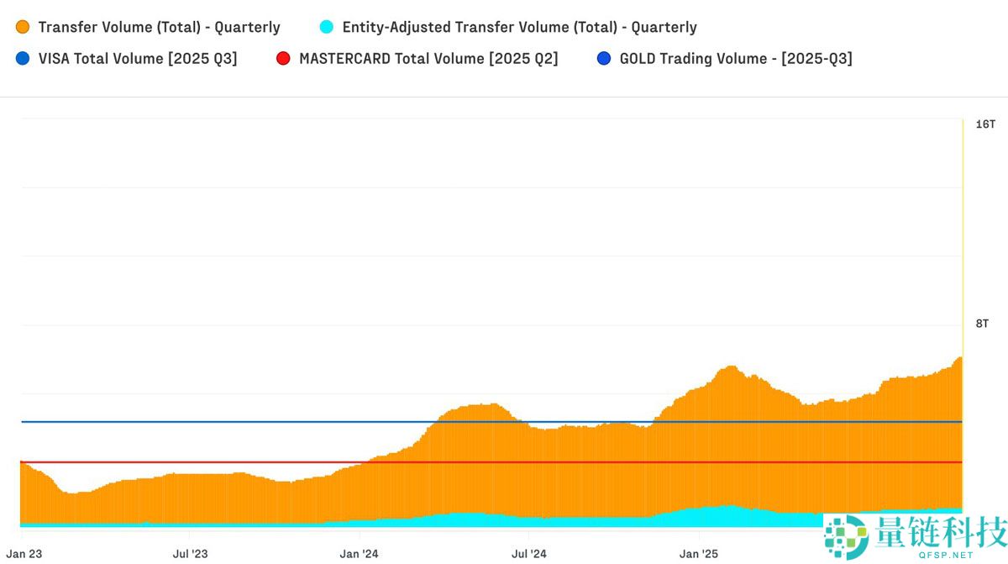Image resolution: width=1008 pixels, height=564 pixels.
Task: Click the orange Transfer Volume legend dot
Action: pyautogui.click(x=23, y=27)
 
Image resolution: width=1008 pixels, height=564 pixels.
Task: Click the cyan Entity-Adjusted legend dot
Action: pyautogui.click(x=327, y=27)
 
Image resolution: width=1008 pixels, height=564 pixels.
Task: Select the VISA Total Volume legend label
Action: pyautogui.click(x=138, y=59)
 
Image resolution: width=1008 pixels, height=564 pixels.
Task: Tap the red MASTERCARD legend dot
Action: pyautogui.click(x=283, y=59)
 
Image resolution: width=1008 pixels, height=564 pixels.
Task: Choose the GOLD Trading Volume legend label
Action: pyautogui.click(x=736, y=59)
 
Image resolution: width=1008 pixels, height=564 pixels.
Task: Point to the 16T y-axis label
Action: pyautogui.click(x=985, y=124)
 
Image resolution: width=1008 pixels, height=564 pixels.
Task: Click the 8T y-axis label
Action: pyautogui.click(x=982, y=324)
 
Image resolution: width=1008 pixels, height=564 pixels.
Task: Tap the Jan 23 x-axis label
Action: pyautogui.click(x=24, y=554)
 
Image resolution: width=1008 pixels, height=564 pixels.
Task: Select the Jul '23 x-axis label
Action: pyautogui.click(x=190, y=554)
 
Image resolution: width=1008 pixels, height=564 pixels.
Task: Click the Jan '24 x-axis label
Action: pyautogui.click(x=360, y=554)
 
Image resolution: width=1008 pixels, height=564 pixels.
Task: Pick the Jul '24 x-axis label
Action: pyautogui.click(x=529, y=554)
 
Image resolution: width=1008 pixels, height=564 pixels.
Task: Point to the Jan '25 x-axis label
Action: pyautogui.click(x=699, y=554)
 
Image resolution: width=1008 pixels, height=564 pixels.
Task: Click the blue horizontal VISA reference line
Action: pyautogui.click(x=252, y=422)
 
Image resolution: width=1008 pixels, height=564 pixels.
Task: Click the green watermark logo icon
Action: pyautogui.click(x=846, y=536)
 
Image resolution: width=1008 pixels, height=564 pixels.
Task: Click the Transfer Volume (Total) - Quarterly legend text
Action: pyautogui.click(x=160, y=27)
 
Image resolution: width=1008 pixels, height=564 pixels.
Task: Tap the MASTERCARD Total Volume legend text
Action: pyautogui.click(x=428, y=59)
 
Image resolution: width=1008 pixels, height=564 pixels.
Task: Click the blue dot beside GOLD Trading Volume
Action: pyautogui.click(x=604, y=59)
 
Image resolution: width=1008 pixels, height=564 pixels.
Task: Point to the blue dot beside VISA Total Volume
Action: pyautogui.click(x=23, y=59)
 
